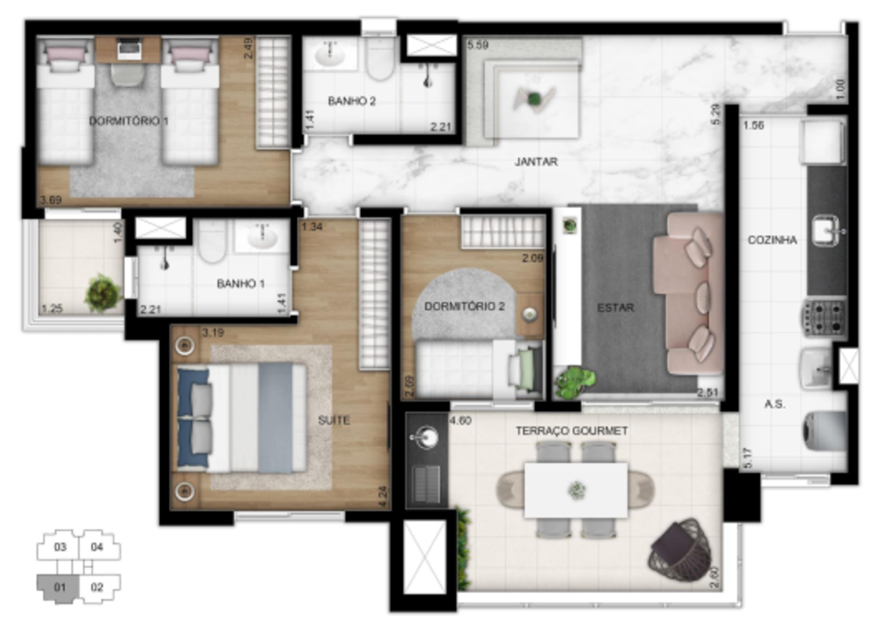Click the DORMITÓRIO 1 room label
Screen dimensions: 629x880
pos(128,121)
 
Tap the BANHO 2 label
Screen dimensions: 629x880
pos(352,102)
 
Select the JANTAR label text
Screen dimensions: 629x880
pos(537,162)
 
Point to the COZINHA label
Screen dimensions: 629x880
pos(773,239)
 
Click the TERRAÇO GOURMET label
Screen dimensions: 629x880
pos(572,431)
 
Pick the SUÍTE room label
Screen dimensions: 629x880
pos(334,421)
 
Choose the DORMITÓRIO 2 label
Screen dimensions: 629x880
pos(464,307)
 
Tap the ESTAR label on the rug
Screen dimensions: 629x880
pos(616,308)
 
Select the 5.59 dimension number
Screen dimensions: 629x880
pos(480,45)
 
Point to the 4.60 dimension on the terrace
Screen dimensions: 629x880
pos(460,421)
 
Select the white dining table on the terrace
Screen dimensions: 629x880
pos(576,490)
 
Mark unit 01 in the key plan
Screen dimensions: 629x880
pos(60,585)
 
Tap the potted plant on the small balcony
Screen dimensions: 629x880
pos(103,293)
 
